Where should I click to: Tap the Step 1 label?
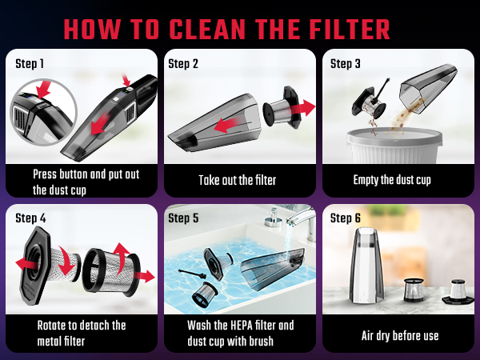point(31,62)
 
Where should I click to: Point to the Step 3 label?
point(346,62)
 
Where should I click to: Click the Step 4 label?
point(31,218)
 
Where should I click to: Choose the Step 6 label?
point(346,218)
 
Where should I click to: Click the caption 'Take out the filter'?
point(238,180)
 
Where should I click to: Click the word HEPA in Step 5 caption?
point(240,326)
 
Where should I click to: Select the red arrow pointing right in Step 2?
point(302,107)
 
